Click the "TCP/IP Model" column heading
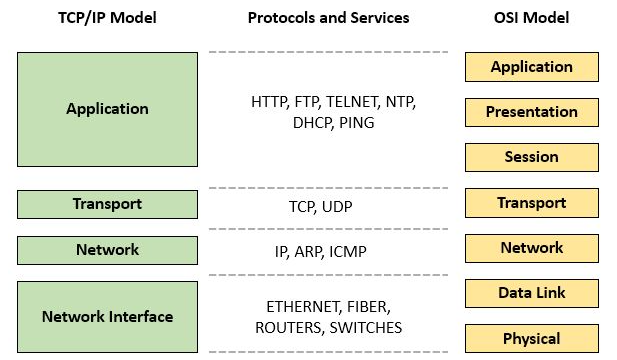[x=107, y=17]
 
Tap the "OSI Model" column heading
[x=530, y=17]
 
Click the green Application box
[x=107, y=109]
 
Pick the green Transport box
[x=107, y=204]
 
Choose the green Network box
[x=107, y=249]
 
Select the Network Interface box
[x=107, y=317]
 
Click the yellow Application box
[x=531, y=67]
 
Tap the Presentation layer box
[x=531, y=112]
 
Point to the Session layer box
[x=531, y=157]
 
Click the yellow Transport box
[x=531, y=203]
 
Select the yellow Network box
[x=531, y=248]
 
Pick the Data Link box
[x=531, y=293]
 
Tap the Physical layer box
[x=531, y=338]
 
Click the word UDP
[x=337, y=207]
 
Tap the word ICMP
[x=347, y=251]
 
